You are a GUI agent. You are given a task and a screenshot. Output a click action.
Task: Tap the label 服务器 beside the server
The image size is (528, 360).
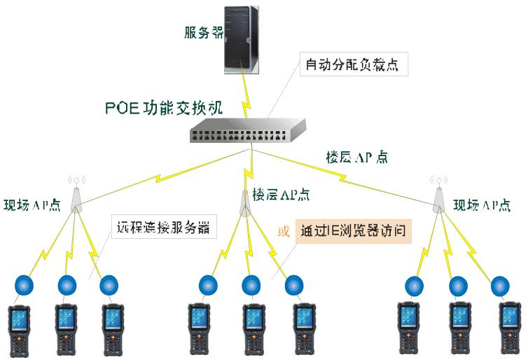tap(203, 33)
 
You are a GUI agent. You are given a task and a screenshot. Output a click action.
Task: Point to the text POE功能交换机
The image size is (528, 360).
tap(163, 109)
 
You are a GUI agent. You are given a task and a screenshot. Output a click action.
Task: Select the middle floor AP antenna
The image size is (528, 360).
tap(245, 199)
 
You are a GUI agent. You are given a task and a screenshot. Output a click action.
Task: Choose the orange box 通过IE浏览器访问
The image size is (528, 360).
tap(353, 231)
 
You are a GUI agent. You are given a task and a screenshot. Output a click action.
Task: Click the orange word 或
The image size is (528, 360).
tap(284, 232)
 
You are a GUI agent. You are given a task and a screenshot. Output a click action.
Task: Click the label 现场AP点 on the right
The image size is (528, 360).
tap(482, 205)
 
